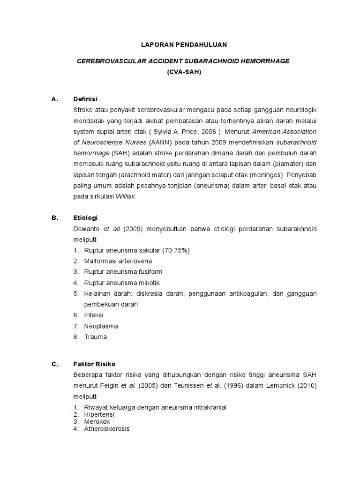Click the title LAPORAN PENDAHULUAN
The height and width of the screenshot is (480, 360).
[x=184, y=45]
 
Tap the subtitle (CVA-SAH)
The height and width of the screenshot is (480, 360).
[x=184, y=72]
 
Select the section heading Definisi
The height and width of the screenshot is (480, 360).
[x=85, y=99]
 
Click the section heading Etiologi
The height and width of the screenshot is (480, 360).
[x=85, y=218]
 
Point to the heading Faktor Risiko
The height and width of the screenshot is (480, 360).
[x=94, y=364]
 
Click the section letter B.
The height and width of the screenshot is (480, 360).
[x=54, y=218]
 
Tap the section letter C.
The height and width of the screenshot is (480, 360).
[x=54, y=364]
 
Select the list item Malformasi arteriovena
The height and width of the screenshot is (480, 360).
[x=118, y=261]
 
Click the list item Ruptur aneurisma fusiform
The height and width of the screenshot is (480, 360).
[x=123, y=272]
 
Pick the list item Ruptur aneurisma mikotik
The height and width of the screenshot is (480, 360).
[x=122, y=283]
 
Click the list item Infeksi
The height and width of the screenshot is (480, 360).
[x=94, y=315]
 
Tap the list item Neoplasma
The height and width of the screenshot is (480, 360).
[x=101, y=326]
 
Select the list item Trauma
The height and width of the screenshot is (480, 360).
[x=95, y=337]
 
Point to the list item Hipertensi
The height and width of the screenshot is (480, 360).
[x=99, y=414]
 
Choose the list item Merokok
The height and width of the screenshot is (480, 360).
[x=97, y=421]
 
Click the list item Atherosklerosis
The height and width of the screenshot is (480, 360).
[x=106, y=428]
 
